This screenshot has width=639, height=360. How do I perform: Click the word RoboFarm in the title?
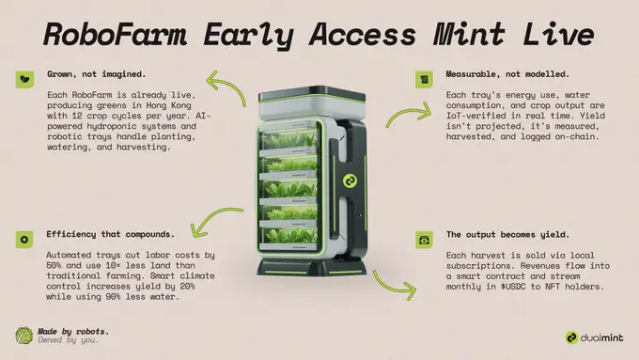pyautogui.click(x=116, y=34)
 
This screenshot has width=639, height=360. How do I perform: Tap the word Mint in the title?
pyautogui.click(x=470, y=34)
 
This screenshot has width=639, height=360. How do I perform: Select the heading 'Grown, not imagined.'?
pyautogui.click(x=96, y=74)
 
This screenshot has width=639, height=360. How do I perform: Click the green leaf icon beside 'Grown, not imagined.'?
pyautogui.click(x=24, y=80)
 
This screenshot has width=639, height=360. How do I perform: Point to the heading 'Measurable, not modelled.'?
pyautogui.click(x=507, y=74)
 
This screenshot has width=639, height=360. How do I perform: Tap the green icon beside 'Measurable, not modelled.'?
pyautogui.click(x=424, y=80)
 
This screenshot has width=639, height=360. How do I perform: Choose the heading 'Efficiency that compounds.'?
pyautogui.click(x=111, y=234)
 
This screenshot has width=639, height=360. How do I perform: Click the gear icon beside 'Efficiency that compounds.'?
pyautogui.click(x=24, y=240)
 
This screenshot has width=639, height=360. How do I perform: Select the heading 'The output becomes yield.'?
pyautogui.click(x=507, y=235)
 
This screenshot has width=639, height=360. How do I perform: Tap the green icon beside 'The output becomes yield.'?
pyautogui.click(x=424, y=240)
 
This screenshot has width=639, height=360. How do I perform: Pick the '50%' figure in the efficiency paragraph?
pyautogui.click(x=54, y=265)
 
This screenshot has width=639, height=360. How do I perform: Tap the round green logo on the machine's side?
pyautogui.click(x=350, y=181)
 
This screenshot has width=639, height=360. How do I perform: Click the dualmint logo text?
pyautogui.click(x=601, y=338)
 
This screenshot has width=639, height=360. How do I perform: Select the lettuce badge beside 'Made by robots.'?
pyautogui.click(x=24, y=336)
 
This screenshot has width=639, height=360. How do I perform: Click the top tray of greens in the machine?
pyautogui.click(x=288, y=139)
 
